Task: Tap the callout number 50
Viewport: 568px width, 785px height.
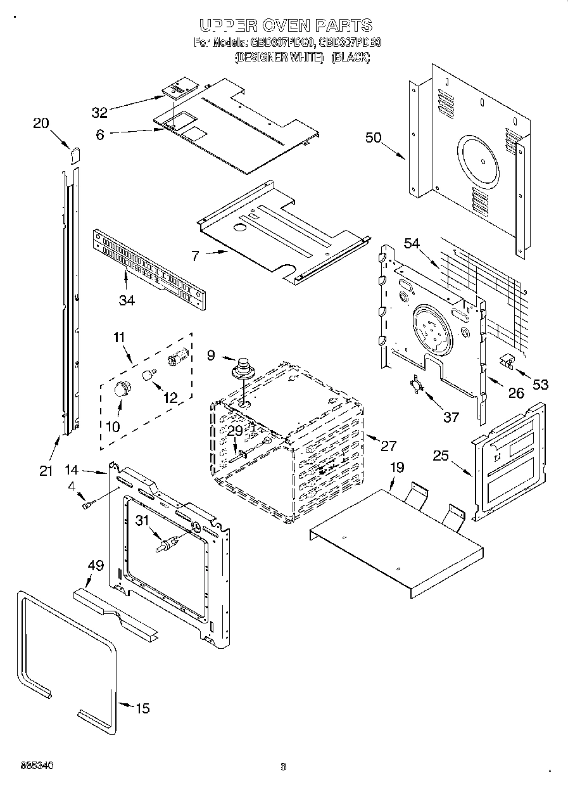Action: [x=374, y=137]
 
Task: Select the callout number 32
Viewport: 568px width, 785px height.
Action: [x=99, y=113]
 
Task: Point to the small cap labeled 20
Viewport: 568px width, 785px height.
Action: [x=75, y=153]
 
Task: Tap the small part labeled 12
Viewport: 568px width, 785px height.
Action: [x=149, y=374]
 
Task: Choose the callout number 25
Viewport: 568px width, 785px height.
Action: [x=442, y=455]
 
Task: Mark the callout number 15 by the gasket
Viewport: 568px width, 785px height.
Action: [x=143, y=708]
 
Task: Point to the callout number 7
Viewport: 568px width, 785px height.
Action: [x=195, y=256]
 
